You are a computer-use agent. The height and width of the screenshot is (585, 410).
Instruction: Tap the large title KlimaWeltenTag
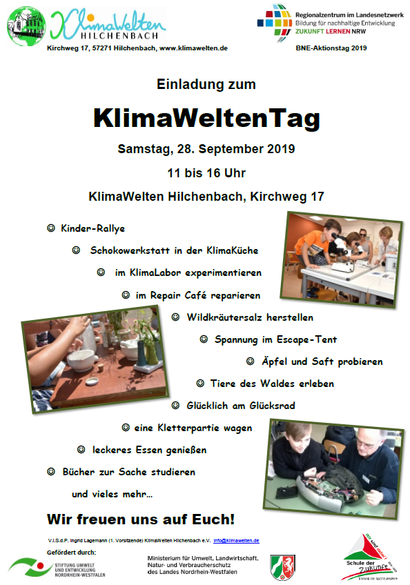tap(206, 118)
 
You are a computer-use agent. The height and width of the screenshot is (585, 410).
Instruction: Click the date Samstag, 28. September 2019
tap(206, 148)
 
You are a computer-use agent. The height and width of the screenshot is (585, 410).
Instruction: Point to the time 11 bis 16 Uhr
tap(206, 172)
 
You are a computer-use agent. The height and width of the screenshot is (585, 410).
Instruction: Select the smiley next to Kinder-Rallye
tap(50, 228)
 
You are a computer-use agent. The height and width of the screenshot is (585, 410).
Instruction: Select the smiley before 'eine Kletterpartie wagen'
tap(126, 428)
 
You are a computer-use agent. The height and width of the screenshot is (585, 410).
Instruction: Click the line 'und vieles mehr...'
tap(112, 494)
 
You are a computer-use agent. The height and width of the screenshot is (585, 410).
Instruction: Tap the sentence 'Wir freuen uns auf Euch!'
tap(141, 518)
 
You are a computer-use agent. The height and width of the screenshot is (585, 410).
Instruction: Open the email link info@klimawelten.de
tap(236, 540)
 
